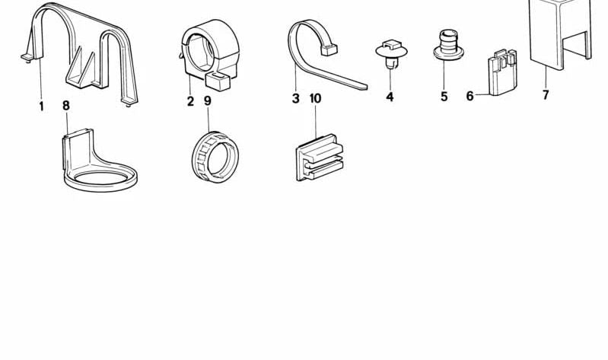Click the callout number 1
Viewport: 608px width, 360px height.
click(x=41, y=107)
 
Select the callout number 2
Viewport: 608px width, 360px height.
click(x=190, y=101)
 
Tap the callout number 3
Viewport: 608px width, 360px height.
click(x=295, y=98)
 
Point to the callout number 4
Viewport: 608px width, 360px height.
click(x=390, y=97)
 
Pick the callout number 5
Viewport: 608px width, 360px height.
click(x=444, y=96)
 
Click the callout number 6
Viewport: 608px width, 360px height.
click(x=470, y=95)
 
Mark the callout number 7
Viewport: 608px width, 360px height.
click(x=546, y=94)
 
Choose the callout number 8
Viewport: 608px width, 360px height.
click(x=66, y=105)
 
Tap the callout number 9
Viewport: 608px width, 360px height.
click(x=208, y=101)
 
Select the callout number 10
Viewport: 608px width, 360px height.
click(x=315, y=98)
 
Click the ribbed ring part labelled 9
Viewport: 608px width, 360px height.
click(x=215, y=157)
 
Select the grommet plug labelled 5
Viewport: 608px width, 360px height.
click(x=448, y=45)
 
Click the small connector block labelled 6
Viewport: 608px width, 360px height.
click(x=502, y=73)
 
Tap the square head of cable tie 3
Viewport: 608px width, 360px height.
click(x=329, y=49)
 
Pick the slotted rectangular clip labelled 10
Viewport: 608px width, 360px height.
click(x=320, y=157)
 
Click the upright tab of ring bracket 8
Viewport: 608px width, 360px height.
click(x=78, y=149)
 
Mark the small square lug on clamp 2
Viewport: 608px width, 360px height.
click(x=218, y=81)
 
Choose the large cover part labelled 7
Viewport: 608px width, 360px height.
click(x=560, y=34)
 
